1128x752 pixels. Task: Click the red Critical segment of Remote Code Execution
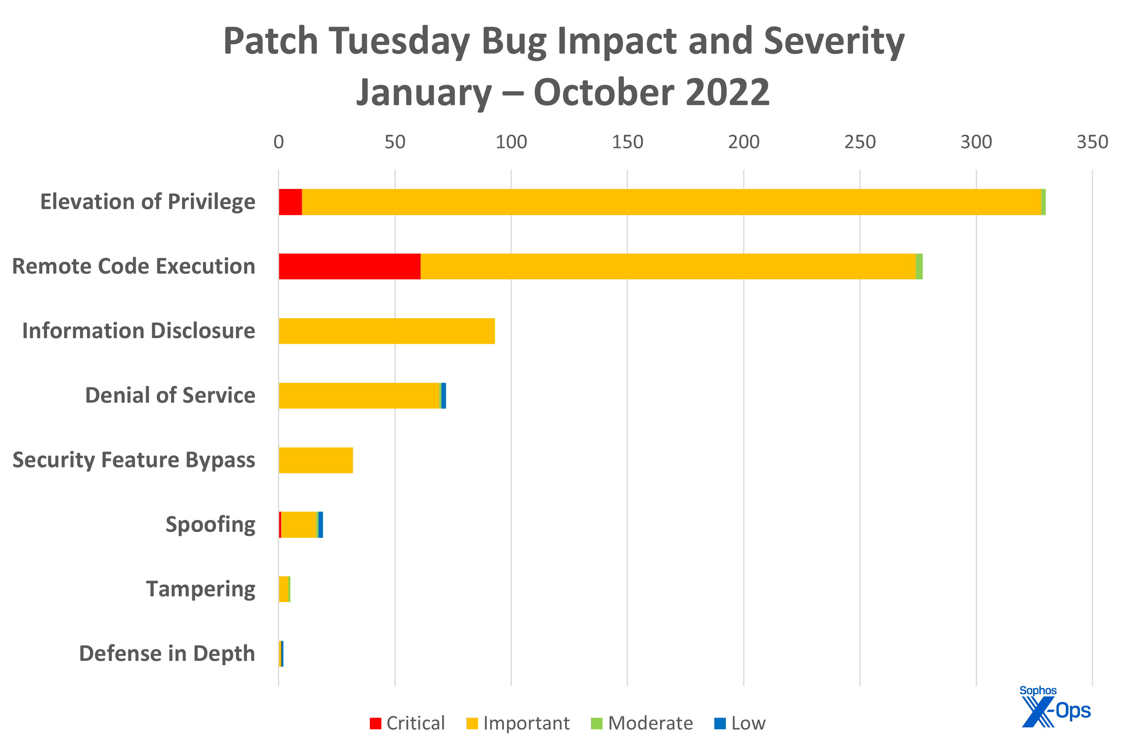click(x=349, y=266)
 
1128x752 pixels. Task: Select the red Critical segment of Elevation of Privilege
click(x=290, y=202)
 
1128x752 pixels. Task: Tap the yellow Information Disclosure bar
click(x=386, y=331)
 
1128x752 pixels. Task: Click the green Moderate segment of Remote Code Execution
click(x=919, y=266)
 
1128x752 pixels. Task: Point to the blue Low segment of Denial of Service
click(x=444, y=396)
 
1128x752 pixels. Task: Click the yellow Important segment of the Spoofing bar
click(x=298, y=525)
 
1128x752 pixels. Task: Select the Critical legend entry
click(x=407, y=723)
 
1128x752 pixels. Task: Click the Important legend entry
click(x=518, y=723)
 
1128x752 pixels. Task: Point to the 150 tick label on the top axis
click(x=627, y=142)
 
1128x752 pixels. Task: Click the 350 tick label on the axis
click(x=1092, y=142)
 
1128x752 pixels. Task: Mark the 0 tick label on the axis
click(x=278, y=142)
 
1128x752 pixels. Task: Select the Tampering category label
click(x=200, y=589)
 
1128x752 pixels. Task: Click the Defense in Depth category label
click(x=167, y=654)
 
